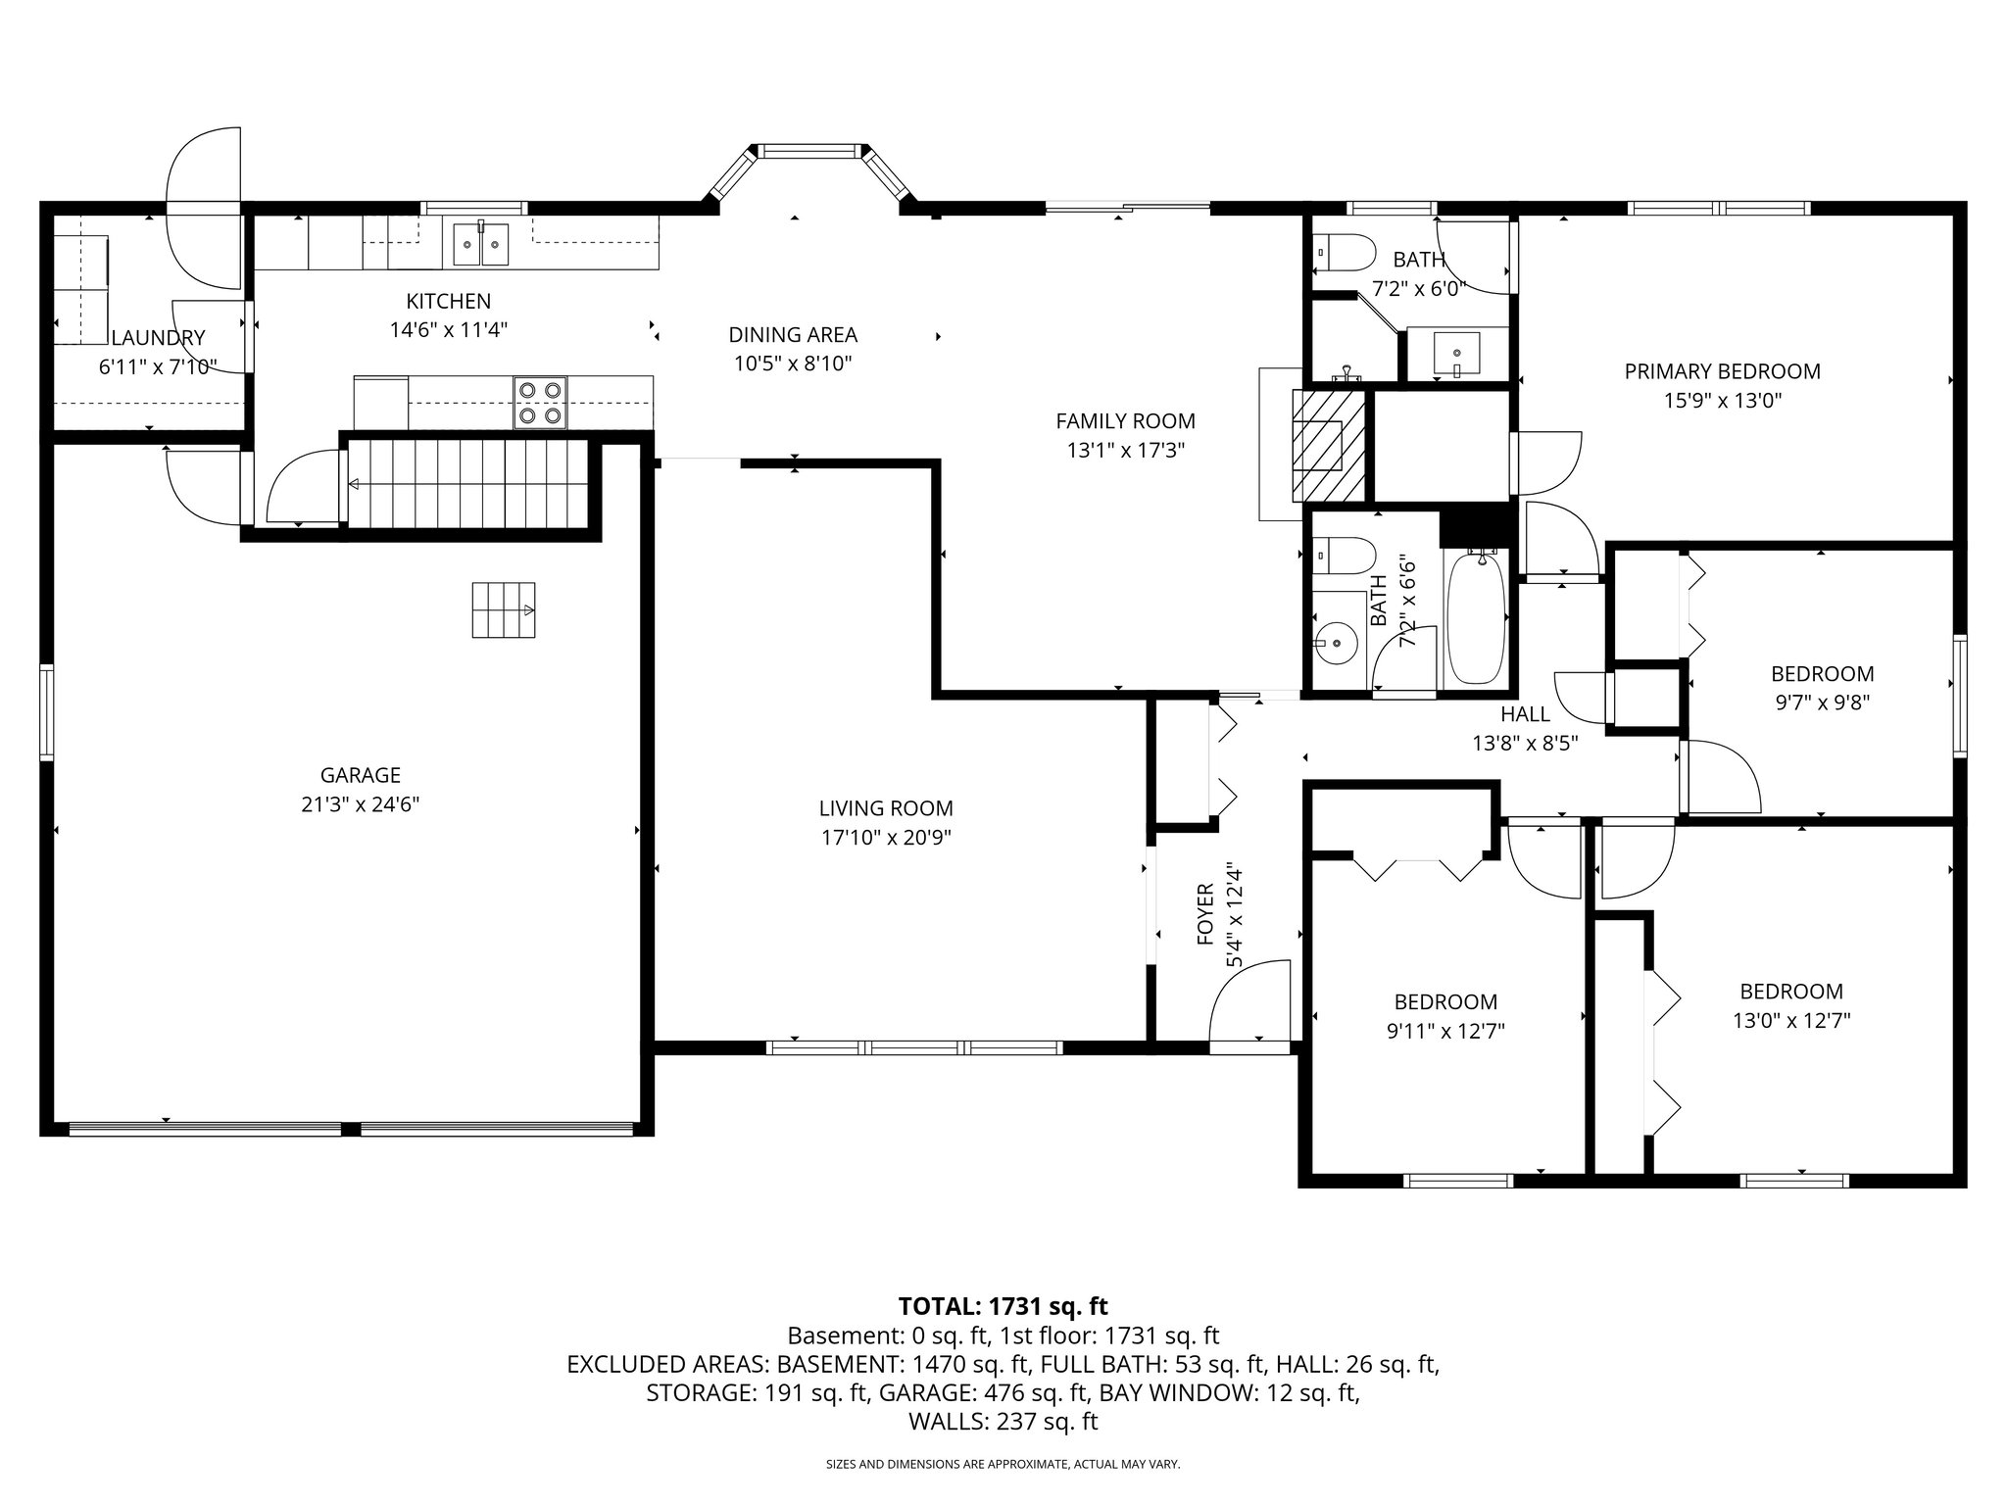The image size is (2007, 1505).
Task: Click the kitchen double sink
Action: [481, 244]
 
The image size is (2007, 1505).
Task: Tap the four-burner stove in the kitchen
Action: [539, 403]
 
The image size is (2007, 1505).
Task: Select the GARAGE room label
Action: [361, 775]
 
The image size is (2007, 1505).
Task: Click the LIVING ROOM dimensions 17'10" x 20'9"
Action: [886, 838]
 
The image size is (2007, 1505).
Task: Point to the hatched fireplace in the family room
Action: [1329, 444]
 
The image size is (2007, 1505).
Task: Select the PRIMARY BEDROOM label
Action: [1722, 371]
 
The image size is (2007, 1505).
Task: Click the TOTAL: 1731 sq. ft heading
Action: [1003, 1306]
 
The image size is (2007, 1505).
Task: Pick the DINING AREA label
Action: [793, 335]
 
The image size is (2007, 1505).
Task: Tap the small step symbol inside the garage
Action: [504, 609]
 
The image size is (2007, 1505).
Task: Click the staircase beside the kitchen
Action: [467, 484]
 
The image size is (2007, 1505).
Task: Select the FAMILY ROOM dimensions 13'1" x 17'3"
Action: [1125, 451]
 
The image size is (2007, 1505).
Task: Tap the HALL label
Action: [1525, 714]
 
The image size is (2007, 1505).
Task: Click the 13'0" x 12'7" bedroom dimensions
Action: [1790, 1020]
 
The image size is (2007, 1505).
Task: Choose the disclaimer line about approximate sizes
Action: [1003, 1464]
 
